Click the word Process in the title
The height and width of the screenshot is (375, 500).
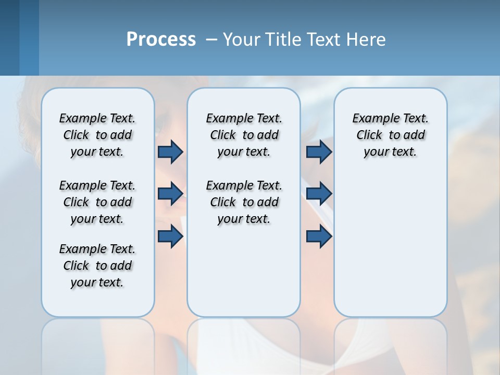click(161, 40)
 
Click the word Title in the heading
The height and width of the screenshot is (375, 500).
click(281, 40)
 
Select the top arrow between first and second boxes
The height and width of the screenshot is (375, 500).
click(170, 152)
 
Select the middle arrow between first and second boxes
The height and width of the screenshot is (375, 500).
click(170, 194)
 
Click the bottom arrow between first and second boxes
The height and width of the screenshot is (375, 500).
click(170, 236)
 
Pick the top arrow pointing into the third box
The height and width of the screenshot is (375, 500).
click(319, 152)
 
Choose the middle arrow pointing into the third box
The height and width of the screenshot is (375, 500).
click(319, 194)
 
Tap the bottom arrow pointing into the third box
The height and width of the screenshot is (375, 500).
click(319, 236)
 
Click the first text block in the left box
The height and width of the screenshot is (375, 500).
click(97, 135)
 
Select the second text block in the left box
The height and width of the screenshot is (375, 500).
click(97, 202)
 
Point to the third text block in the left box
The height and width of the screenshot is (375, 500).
click(97, 266)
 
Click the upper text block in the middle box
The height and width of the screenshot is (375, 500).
click(244, 135)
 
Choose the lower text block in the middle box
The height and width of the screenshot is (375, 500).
click(244, 202)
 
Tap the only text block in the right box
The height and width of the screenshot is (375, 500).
click(390, 135)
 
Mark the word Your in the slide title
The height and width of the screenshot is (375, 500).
click(242, 40)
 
